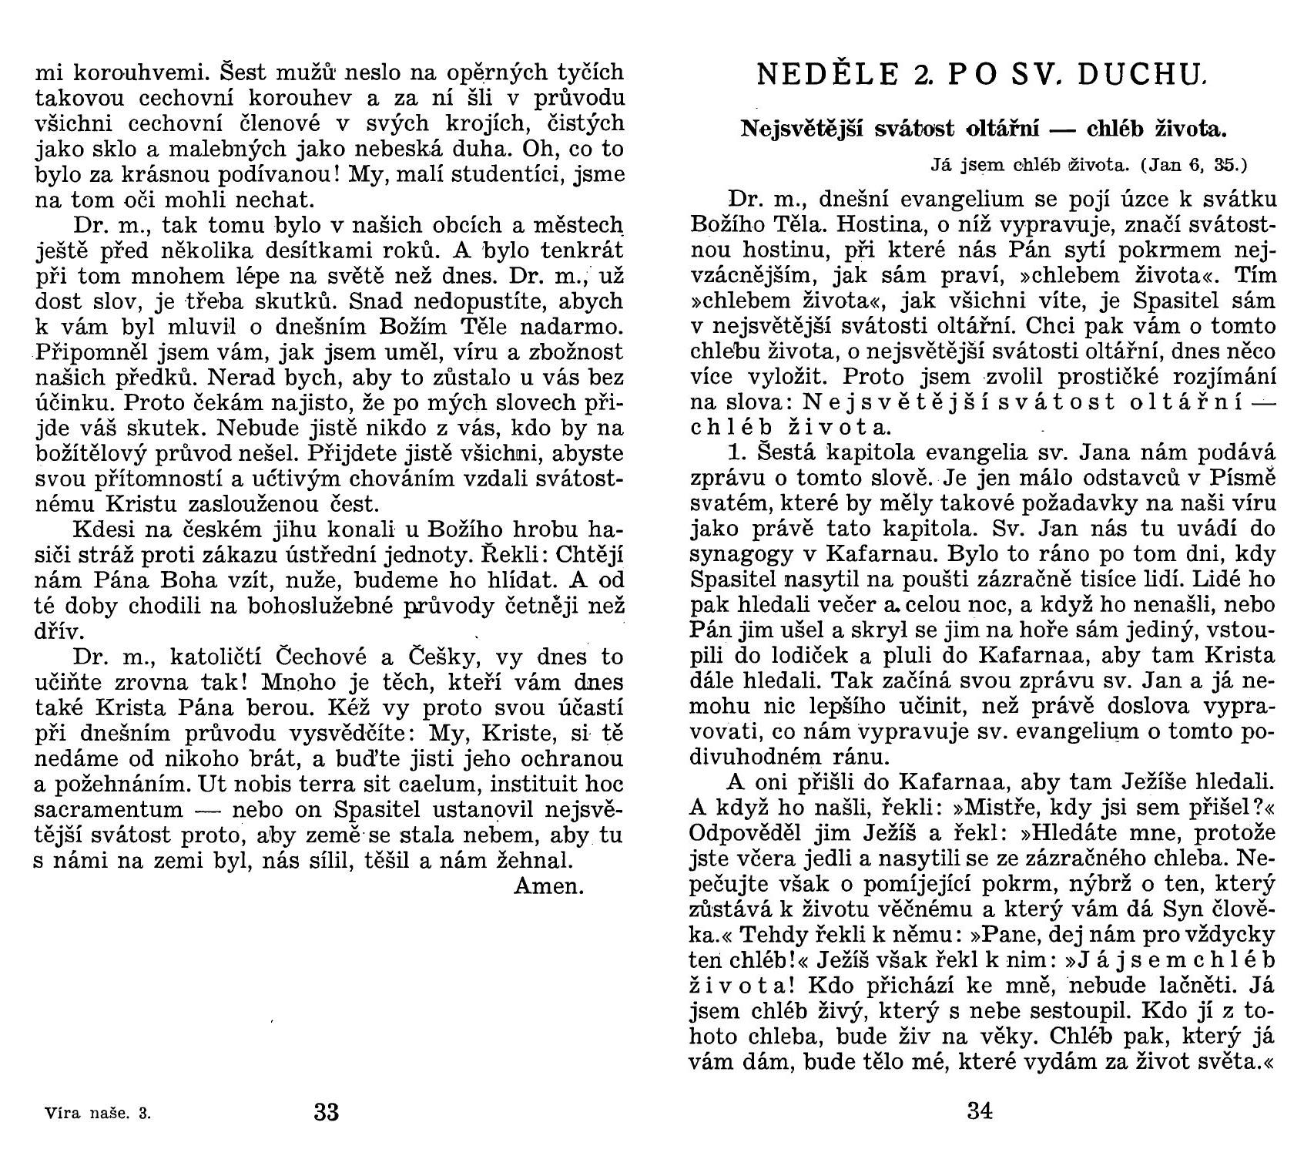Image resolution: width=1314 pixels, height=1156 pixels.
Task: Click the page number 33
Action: pos(327,1112)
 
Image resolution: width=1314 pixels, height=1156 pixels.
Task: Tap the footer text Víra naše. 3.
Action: pos(98,1114)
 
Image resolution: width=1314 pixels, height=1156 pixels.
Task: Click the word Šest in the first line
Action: pos(245,72)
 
